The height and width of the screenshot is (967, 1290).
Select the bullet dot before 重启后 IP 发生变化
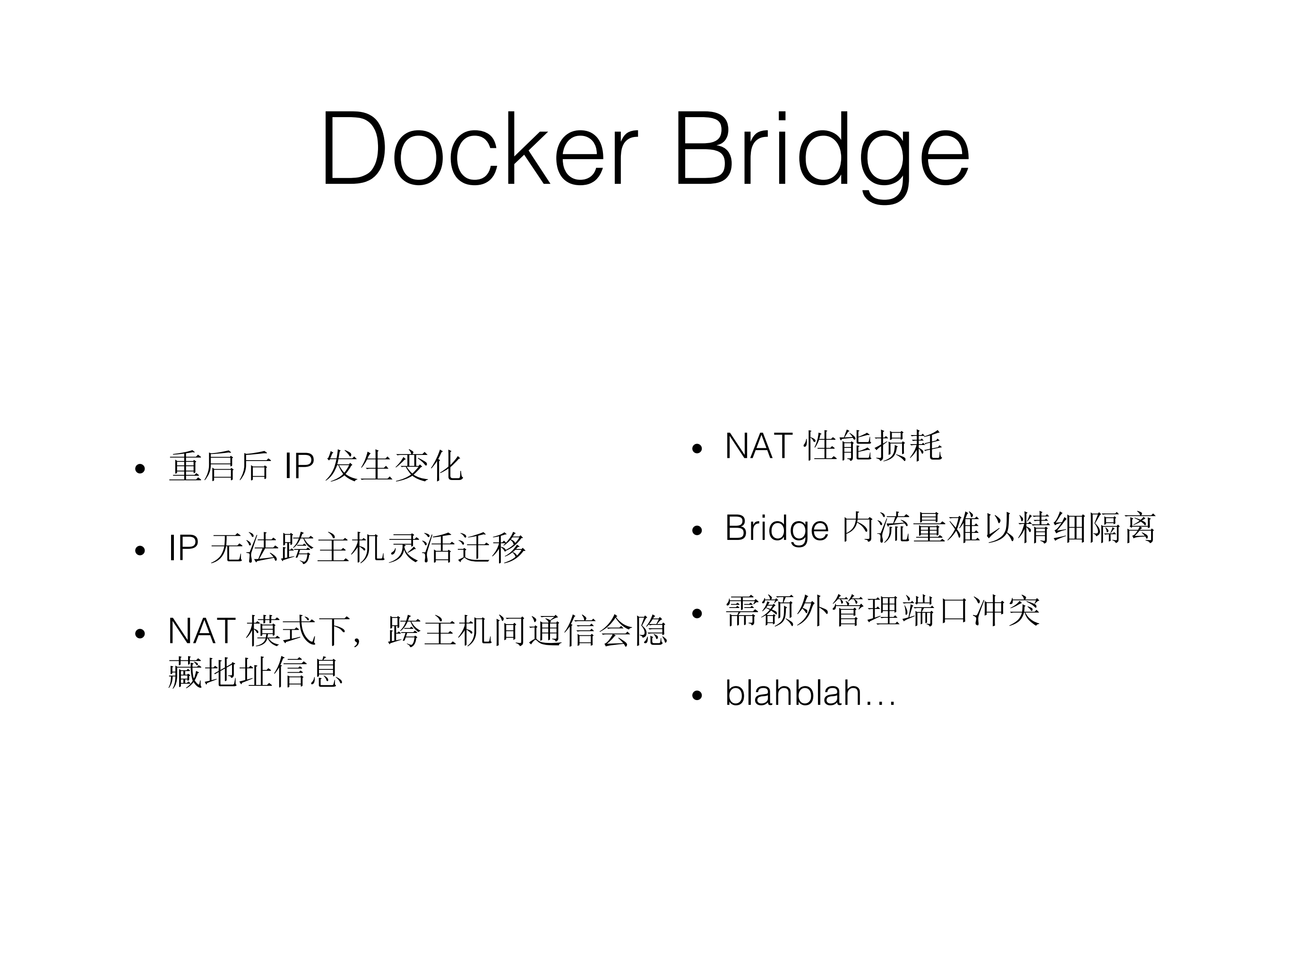(139, 469)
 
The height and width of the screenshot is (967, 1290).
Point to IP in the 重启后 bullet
(299, 466)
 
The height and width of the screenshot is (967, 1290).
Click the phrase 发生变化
(394, 466)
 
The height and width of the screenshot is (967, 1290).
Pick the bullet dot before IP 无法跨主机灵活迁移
(139, 550)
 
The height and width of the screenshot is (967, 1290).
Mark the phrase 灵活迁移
(456, 548)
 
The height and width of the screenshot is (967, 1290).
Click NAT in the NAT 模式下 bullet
(201, 631)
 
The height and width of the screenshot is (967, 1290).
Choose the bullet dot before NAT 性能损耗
(697, 449)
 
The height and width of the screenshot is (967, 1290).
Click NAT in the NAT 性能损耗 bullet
(758, 446)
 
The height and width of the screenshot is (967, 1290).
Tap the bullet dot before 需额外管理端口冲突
(697, 613)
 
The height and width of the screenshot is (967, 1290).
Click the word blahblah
(793, 693)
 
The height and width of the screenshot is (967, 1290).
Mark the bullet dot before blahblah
(697, 695)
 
